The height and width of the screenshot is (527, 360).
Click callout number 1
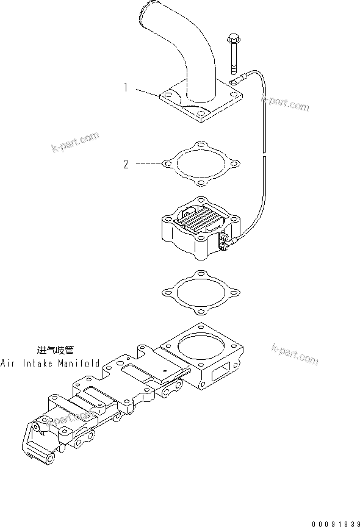[x=126, y=88]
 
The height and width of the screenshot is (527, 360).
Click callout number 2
[x=126, y=164]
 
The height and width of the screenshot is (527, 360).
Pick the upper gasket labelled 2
[x=202, y=164]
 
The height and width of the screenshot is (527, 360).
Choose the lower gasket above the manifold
[x=202, y=292]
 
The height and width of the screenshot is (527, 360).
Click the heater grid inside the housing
[x=198, y=222]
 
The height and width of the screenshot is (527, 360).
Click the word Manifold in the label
[x=80, y=363]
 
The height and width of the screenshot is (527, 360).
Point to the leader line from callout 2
[x=148, y=163]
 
